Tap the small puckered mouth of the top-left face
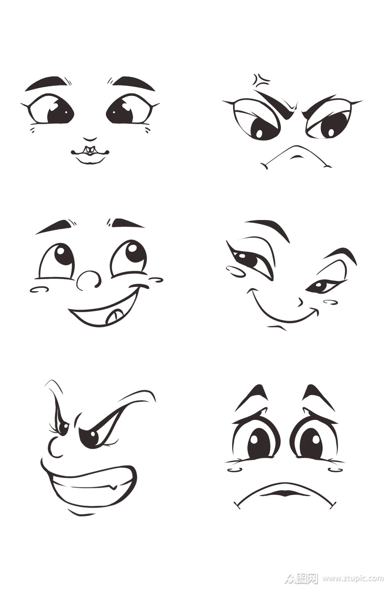click(x=90, y=154)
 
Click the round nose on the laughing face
click(x=88, y=280)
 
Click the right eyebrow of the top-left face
click(x=131, y=83)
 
